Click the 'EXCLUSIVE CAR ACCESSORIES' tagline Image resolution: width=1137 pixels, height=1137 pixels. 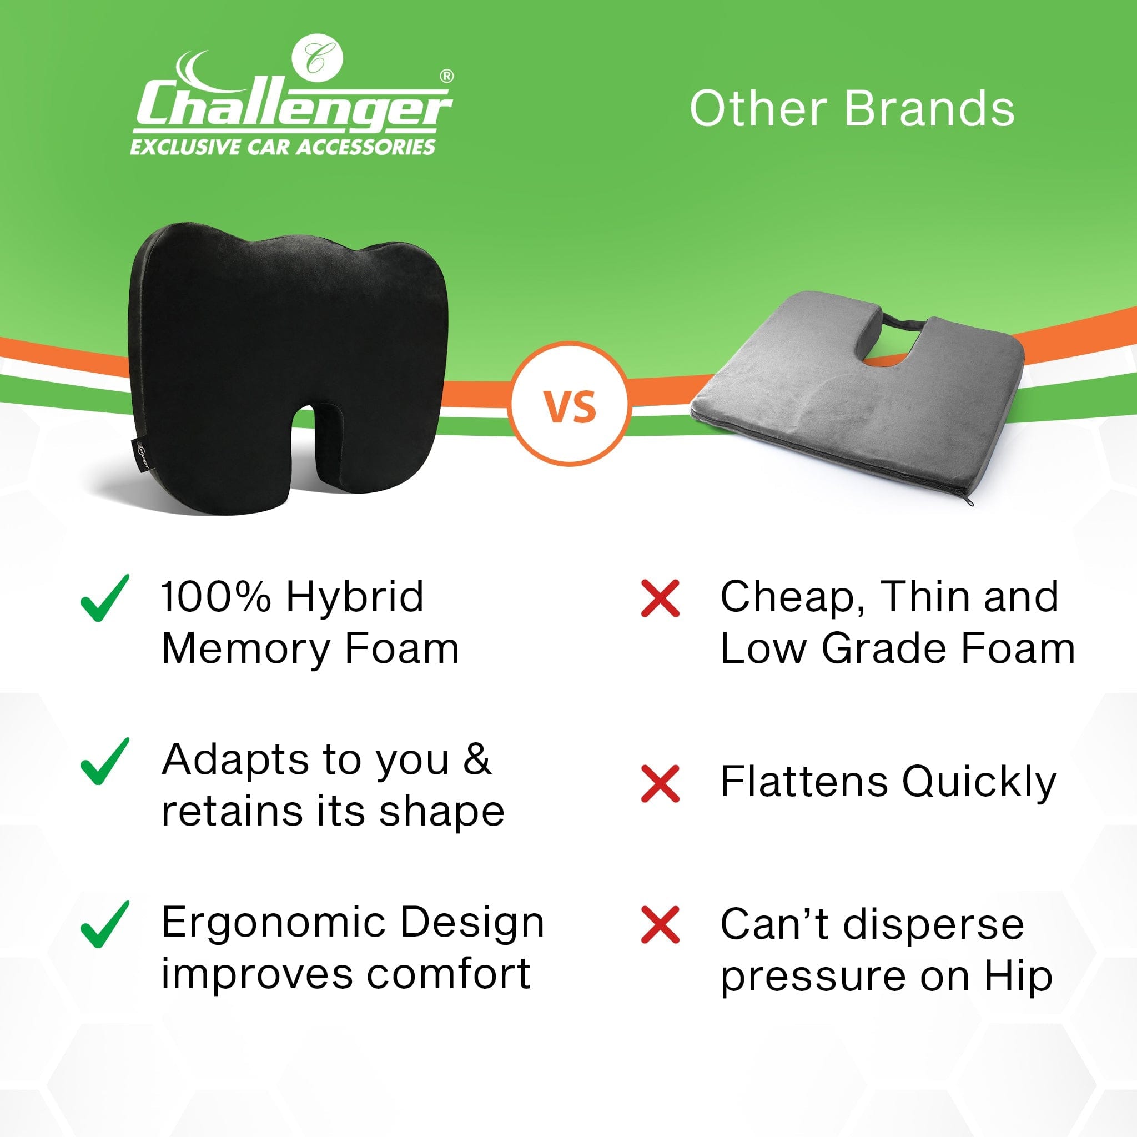point(283,147)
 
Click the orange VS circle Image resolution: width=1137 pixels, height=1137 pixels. point(570,406)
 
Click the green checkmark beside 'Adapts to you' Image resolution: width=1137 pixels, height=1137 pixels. point(104,761)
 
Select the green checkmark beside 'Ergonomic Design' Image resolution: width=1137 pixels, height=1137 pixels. point(104,924)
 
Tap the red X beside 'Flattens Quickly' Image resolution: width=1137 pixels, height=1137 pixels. point(660,783)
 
